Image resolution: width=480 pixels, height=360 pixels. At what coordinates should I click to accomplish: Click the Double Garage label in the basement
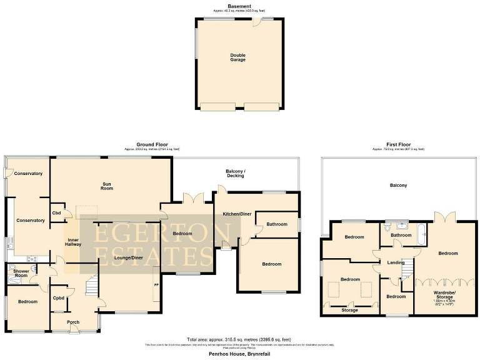(x=237, y=57)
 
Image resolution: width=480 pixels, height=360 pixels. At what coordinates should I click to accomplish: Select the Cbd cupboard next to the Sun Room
(x=56, y=212)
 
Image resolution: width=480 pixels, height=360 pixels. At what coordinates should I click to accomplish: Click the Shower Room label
(x=21, y=273)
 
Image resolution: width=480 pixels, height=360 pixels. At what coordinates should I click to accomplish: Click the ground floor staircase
(x=92, y=286)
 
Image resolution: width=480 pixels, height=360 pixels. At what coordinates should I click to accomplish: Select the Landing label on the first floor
(x=395, y=262)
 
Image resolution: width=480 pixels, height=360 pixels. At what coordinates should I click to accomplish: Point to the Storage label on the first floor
(x=350, y=309)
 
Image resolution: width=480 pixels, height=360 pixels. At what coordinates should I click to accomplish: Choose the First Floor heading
(x=398, y=144)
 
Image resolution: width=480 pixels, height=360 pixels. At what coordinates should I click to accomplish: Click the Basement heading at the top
(x=239, y=6)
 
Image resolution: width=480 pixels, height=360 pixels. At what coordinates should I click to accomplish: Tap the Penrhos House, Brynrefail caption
(x=239, y=353)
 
